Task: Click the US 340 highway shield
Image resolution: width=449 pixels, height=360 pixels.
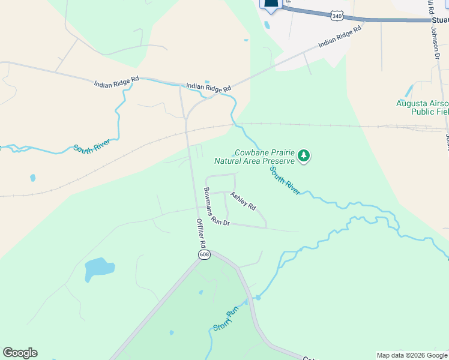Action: point(337,16)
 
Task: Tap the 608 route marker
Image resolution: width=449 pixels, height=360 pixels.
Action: point(203,255)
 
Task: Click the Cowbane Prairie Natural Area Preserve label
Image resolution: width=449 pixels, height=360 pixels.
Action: point(255,157)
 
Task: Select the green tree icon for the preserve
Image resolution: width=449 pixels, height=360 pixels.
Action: point(304,156)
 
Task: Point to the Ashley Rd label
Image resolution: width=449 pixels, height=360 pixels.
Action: point(243,201)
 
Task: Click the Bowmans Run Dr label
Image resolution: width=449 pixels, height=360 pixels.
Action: point(216,207)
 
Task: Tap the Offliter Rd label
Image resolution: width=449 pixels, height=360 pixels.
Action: point(201,233)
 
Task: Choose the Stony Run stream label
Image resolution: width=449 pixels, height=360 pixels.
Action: point(226,319)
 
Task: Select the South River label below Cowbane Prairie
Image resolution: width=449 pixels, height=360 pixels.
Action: point(285,180)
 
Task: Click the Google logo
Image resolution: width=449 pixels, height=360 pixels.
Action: point(20,353)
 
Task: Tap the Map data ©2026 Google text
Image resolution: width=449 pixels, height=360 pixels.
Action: point(412,355)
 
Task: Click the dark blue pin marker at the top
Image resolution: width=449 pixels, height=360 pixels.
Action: point(271,4)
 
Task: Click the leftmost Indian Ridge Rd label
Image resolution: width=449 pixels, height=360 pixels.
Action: point(116,82)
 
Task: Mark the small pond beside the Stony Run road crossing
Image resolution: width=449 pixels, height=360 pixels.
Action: point(258,297)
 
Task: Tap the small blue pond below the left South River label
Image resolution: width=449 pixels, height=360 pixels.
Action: point(32,178)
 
